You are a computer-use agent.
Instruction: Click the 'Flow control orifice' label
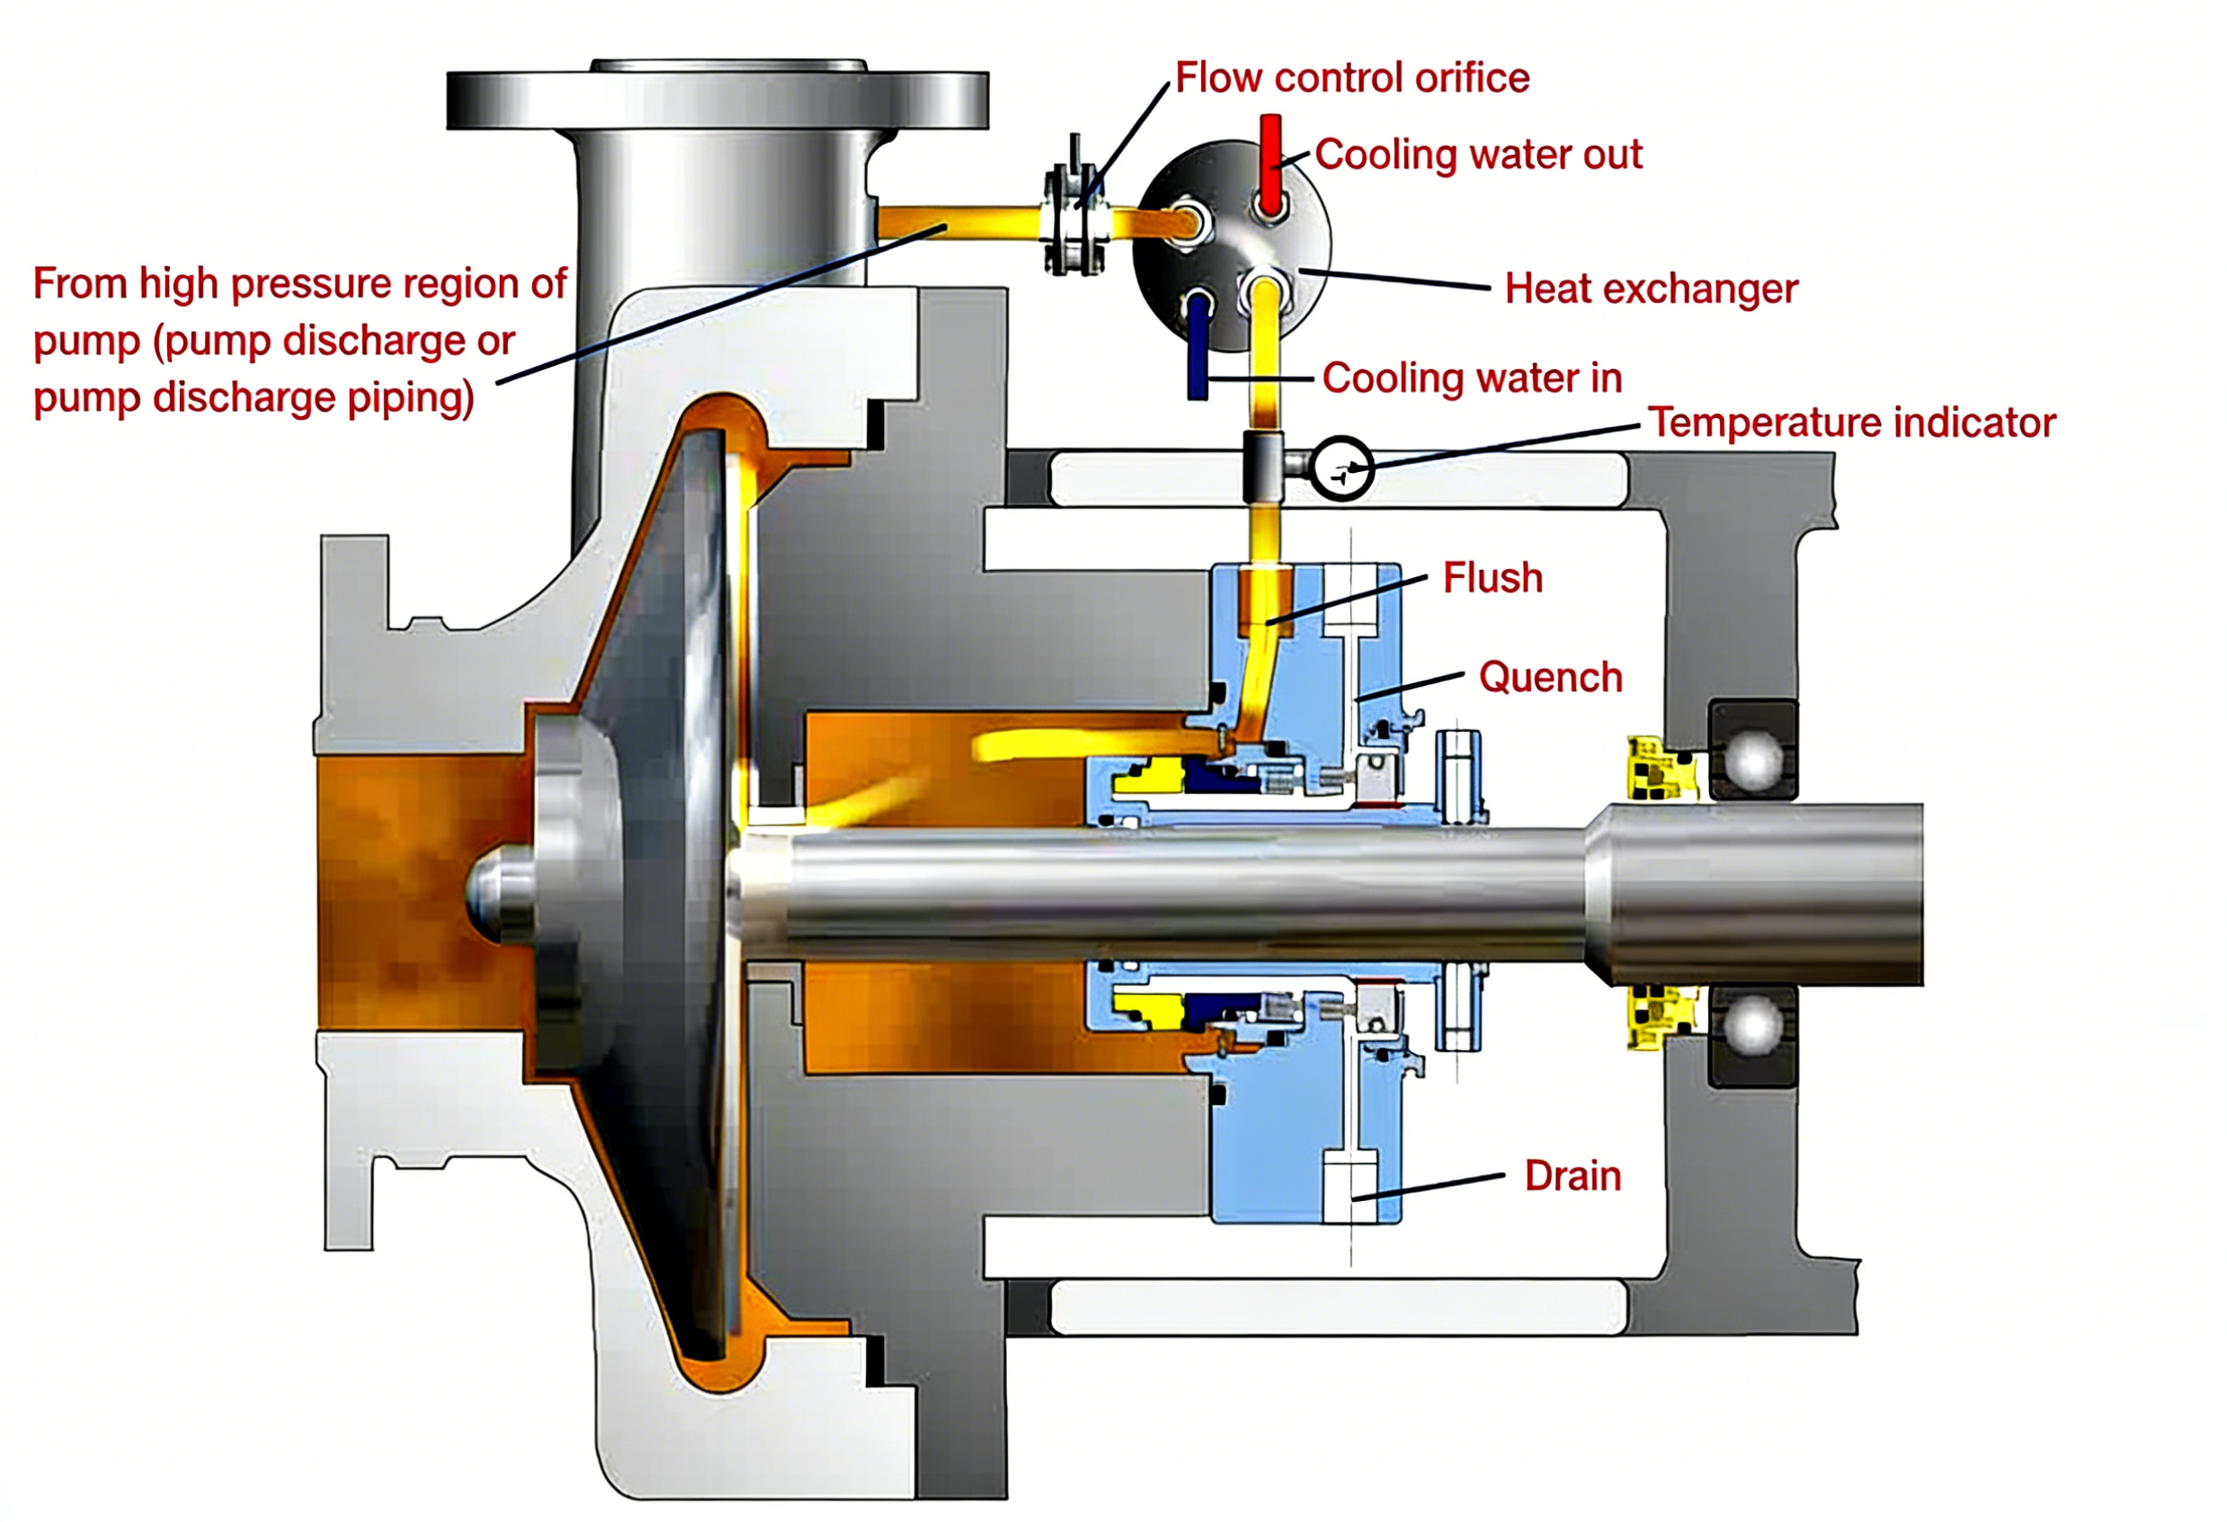click(x=1351, y=77)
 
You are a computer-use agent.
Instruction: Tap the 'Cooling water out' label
click(x=1478, y=155)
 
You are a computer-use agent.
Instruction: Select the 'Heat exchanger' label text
click(x=1650, y=289)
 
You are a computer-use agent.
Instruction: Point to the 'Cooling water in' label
click(x=1471, y=378)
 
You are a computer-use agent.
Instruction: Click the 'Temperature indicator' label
click(x=1851, y=423)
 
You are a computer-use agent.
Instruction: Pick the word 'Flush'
click(x=1492, y=578)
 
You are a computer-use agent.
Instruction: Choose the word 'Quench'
click(x=1549, y=678)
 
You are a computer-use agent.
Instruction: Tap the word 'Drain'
click(x=1572, y=1176)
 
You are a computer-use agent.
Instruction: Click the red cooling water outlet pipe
click(x=1269, y=163)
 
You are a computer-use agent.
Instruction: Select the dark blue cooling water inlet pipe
click(x=1198, y=350)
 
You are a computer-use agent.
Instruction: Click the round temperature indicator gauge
click(x=1341, y=468)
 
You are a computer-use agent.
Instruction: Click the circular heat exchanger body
click(x=1232, y=245)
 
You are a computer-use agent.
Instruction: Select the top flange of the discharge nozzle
click(x=717, y=98)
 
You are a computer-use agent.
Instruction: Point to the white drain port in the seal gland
click(x=1350, y=1187)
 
